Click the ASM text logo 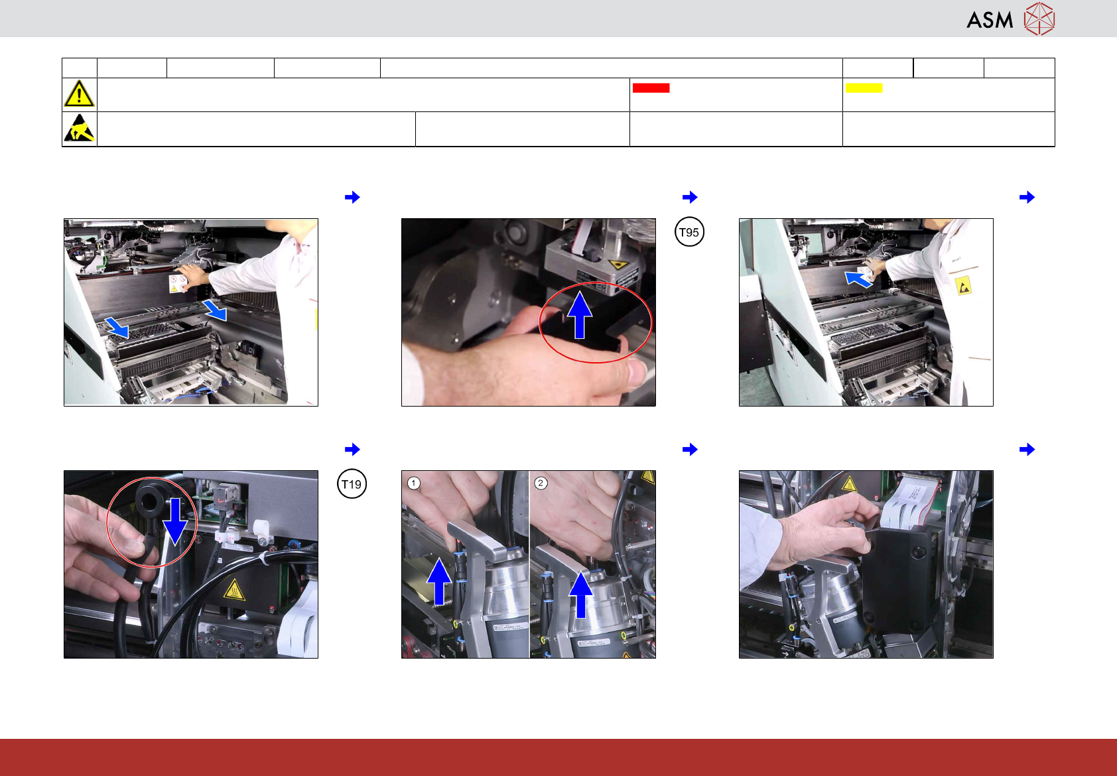pos(990,20)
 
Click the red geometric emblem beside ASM pos(1039,19)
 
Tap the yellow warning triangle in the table pos(79,94)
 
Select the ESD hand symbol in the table pos(79,128)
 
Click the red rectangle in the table pos(651,88)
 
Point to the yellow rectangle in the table pos(864,88)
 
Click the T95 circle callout pos(689,232)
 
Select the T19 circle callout pos(352,484)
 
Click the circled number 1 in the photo pos(413,483)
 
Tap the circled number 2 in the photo pos(541,483)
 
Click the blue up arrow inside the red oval pos(580,316)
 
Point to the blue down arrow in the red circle pos(175,521)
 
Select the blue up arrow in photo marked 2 pos(581,595)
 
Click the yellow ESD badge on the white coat pos(963,286)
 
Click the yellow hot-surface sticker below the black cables pos(234,590)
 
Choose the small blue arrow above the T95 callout pos(690,197)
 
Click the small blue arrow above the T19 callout pos(352,449)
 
